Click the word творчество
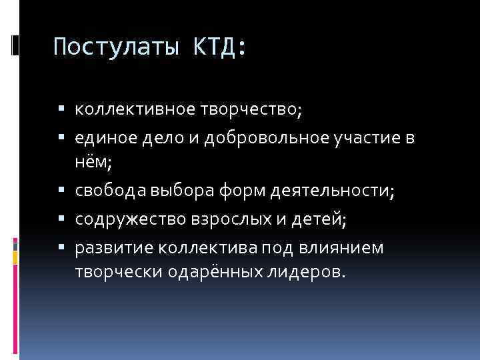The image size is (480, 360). (250, 109)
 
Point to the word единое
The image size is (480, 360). (105, 138)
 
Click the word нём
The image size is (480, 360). (91, 163)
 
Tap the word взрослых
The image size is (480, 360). (225, 219)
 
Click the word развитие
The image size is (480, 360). (113, 247)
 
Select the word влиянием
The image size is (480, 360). (349, 247)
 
